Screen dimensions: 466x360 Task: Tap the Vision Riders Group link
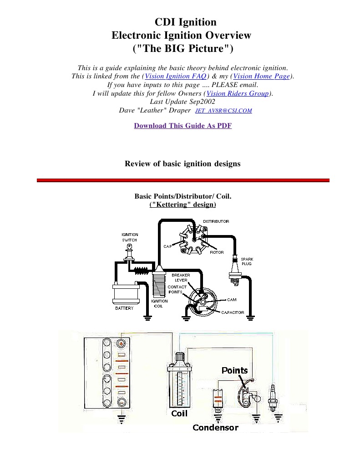[238, 94]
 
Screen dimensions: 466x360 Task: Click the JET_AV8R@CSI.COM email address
[223, 111]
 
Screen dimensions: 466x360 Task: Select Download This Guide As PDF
[183, 126]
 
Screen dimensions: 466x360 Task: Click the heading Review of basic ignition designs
[183, 164]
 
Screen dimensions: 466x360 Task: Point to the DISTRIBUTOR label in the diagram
[216, 221]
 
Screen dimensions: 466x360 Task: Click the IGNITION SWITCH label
[129, 237]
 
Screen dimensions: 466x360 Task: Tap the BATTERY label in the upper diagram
[124, 308]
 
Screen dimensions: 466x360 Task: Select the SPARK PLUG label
[247, 261]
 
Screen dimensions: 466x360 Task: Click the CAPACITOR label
[233, 312]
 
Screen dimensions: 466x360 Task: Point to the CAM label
[232, 300]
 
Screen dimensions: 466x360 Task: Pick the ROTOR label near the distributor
[217, 252]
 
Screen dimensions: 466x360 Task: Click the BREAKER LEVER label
[181, 277]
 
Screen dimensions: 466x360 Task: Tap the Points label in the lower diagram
[234, 370]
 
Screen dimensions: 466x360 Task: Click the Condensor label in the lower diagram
[215, 427]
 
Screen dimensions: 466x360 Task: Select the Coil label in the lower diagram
[179, 414]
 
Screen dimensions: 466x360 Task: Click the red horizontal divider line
[183, 180]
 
